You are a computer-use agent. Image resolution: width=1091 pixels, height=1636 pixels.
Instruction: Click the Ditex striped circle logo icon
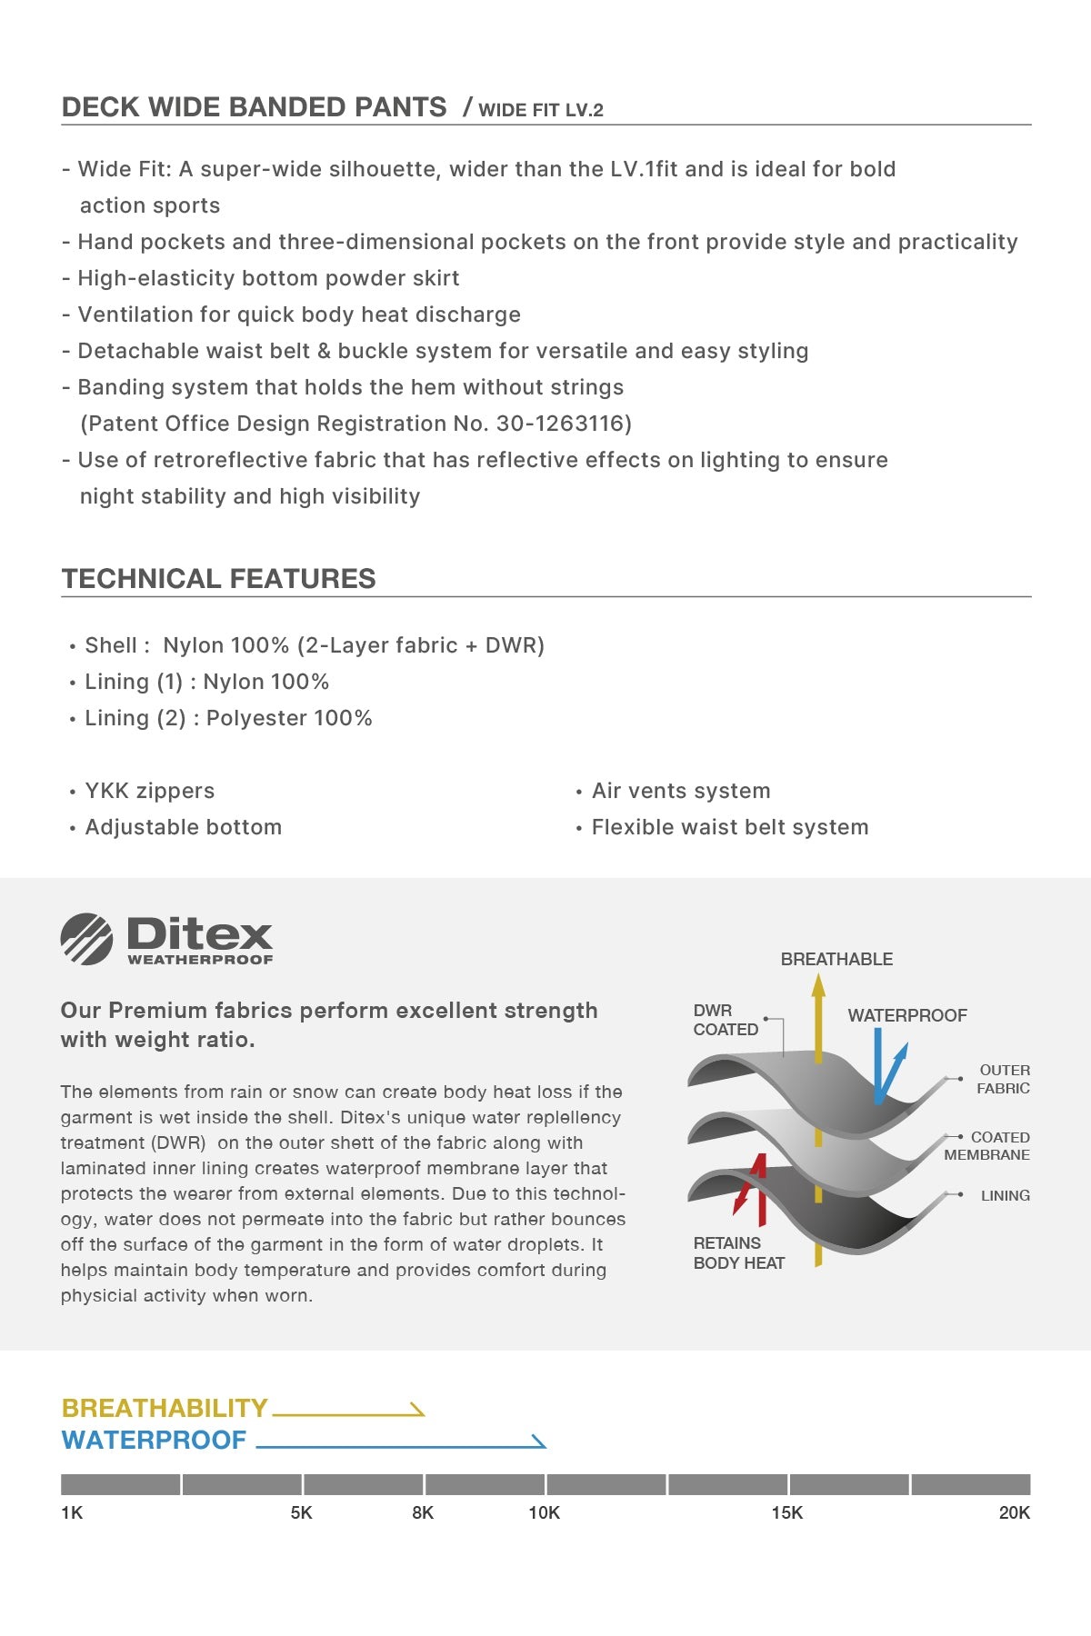coord(86,938)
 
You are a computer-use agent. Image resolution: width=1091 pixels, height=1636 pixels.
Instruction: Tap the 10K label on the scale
coord(545,1512)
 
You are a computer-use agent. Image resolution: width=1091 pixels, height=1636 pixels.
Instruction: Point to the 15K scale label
coord(787,1512)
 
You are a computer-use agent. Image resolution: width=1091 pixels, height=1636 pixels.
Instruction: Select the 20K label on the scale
coord(1014,1512)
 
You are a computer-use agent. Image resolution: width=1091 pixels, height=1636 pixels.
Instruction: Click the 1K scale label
coord(72,1512)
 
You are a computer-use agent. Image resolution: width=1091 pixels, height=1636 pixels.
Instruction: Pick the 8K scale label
coord(423,1512)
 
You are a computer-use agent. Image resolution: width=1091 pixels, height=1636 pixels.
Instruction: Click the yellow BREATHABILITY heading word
coord(165,1408)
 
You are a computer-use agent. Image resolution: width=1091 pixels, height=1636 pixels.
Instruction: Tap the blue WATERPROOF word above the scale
coord(154,1440)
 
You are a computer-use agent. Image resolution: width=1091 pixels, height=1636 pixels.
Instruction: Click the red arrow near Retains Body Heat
coord(752,1189)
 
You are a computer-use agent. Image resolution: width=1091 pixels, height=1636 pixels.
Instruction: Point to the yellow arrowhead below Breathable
coord(818,986)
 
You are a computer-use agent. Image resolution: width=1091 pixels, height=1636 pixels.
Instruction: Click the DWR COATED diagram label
coord(726,1020)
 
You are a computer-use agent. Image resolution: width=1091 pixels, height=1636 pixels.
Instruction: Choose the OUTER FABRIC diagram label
coord(1004,1079)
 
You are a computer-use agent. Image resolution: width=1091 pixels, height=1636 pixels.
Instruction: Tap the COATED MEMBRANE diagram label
coord(987,1146)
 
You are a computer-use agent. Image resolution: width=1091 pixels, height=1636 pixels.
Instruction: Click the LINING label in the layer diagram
coord(1006,1195)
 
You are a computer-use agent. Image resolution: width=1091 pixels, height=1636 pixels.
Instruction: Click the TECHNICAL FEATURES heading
coord(218,578)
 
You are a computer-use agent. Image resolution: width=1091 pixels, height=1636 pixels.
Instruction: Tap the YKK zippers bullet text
coord(150,791)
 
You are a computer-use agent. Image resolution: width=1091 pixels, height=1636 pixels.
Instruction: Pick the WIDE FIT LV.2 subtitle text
coord(541,110)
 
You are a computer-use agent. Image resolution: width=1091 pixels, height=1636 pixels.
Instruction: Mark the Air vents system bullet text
coord(681,791)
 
